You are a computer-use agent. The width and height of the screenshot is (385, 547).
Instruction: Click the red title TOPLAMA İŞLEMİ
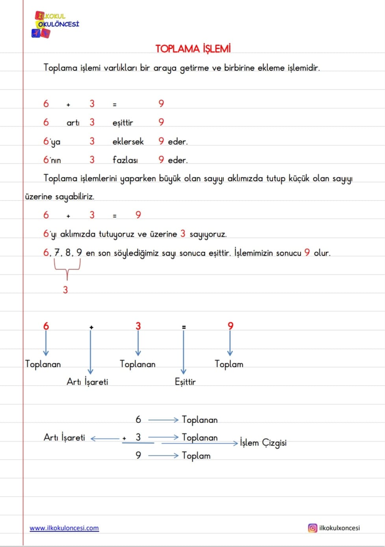pyautogui.click(x=193, y=49)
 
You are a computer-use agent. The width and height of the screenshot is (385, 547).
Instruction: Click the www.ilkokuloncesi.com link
pyautogui.click(x=64, y=528)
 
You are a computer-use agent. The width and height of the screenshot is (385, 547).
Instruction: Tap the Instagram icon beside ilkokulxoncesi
pyautogui.click(x=312, y=528)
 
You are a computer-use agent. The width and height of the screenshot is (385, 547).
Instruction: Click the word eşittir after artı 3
pyautogui.click(x=123, y=123)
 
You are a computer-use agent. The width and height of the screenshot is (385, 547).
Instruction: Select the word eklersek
pyautogui.click(x=128, y=141)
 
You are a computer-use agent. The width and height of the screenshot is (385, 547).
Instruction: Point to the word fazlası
pyautogui.click(x=125, y=160)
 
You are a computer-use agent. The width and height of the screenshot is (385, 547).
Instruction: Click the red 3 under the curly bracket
pyautogui.click(x=65, y=290)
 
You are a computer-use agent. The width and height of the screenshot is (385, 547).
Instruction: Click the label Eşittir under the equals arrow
pyautogui.click(x=185, y=382)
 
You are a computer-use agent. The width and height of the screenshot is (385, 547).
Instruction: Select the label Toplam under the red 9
pyautogui.click(x=229, y=364)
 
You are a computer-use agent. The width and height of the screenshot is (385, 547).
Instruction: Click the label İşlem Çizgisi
pyautogui.click(x=263, y=443)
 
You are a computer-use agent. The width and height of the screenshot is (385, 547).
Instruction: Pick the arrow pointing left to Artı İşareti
pyautogui.click(x=105, y=438)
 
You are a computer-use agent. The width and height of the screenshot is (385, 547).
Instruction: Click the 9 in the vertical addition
pyautogui.click(x=138, y=455)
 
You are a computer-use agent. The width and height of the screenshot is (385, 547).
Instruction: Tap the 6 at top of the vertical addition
pyautogui.click(x=138, y=420)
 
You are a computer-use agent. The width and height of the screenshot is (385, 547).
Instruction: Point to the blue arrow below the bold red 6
pyautogui.click(x=46, y=343)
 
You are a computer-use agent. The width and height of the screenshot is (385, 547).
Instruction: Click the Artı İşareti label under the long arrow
pyautogui.click(x=87, y=382)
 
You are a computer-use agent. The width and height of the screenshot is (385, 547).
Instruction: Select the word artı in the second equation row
pyautogui.click(x=73, y=123)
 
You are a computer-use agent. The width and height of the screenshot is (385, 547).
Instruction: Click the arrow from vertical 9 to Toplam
pyautogui.click(x=163, y=455)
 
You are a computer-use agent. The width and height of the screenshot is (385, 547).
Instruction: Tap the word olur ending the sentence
pyautogui.click(x=322, y=253)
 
